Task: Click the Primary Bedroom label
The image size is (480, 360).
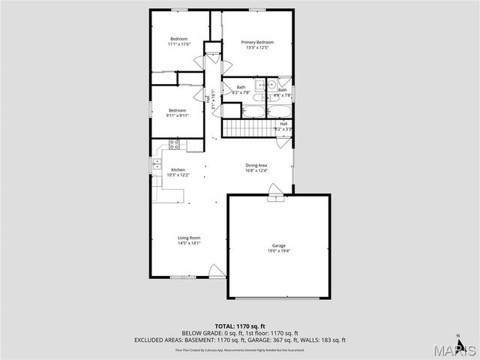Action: pos(257,43)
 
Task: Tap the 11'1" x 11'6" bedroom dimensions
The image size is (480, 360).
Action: pos(178,44)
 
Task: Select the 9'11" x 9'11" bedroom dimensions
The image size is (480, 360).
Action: pos(178,115)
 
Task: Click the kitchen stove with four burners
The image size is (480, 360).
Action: pos(174,145)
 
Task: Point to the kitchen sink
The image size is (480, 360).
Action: pos(157,163)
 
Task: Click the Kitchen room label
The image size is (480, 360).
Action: pos(178,169)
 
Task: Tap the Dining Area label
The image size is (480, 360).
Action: pos(256,165)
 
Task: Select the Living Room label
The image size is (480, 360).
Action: pos(189,237)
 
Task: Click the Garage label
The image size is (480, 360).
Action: pos(279,245)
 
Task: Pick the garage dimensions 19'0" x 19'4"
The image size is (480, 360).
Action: pos(279,250)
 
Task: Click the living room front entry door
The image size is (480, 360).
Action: pos(217,271)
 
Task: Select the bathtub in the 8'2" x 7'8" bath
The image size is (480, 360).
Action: pos(252,112)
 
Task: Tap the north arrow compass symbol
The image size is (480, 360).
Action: pos(458,340)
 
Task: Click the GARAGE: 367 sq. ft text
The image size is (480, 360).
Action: pos(271,339)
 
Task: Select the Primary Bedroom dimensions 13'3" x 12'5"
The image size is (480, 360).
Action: pos(257,48)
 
